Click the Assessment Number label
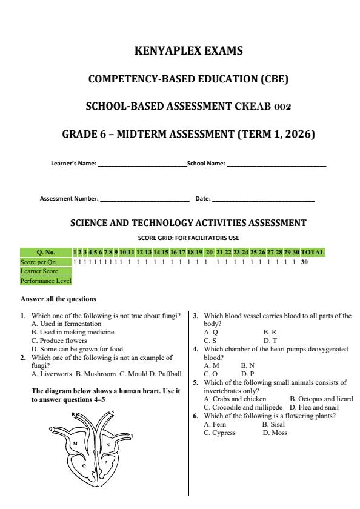click(69, 198)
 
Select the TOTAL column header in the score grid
click(313, 252)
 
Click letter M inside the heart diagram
click(76, 444)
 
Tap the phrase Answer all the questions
click(58, 299)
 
